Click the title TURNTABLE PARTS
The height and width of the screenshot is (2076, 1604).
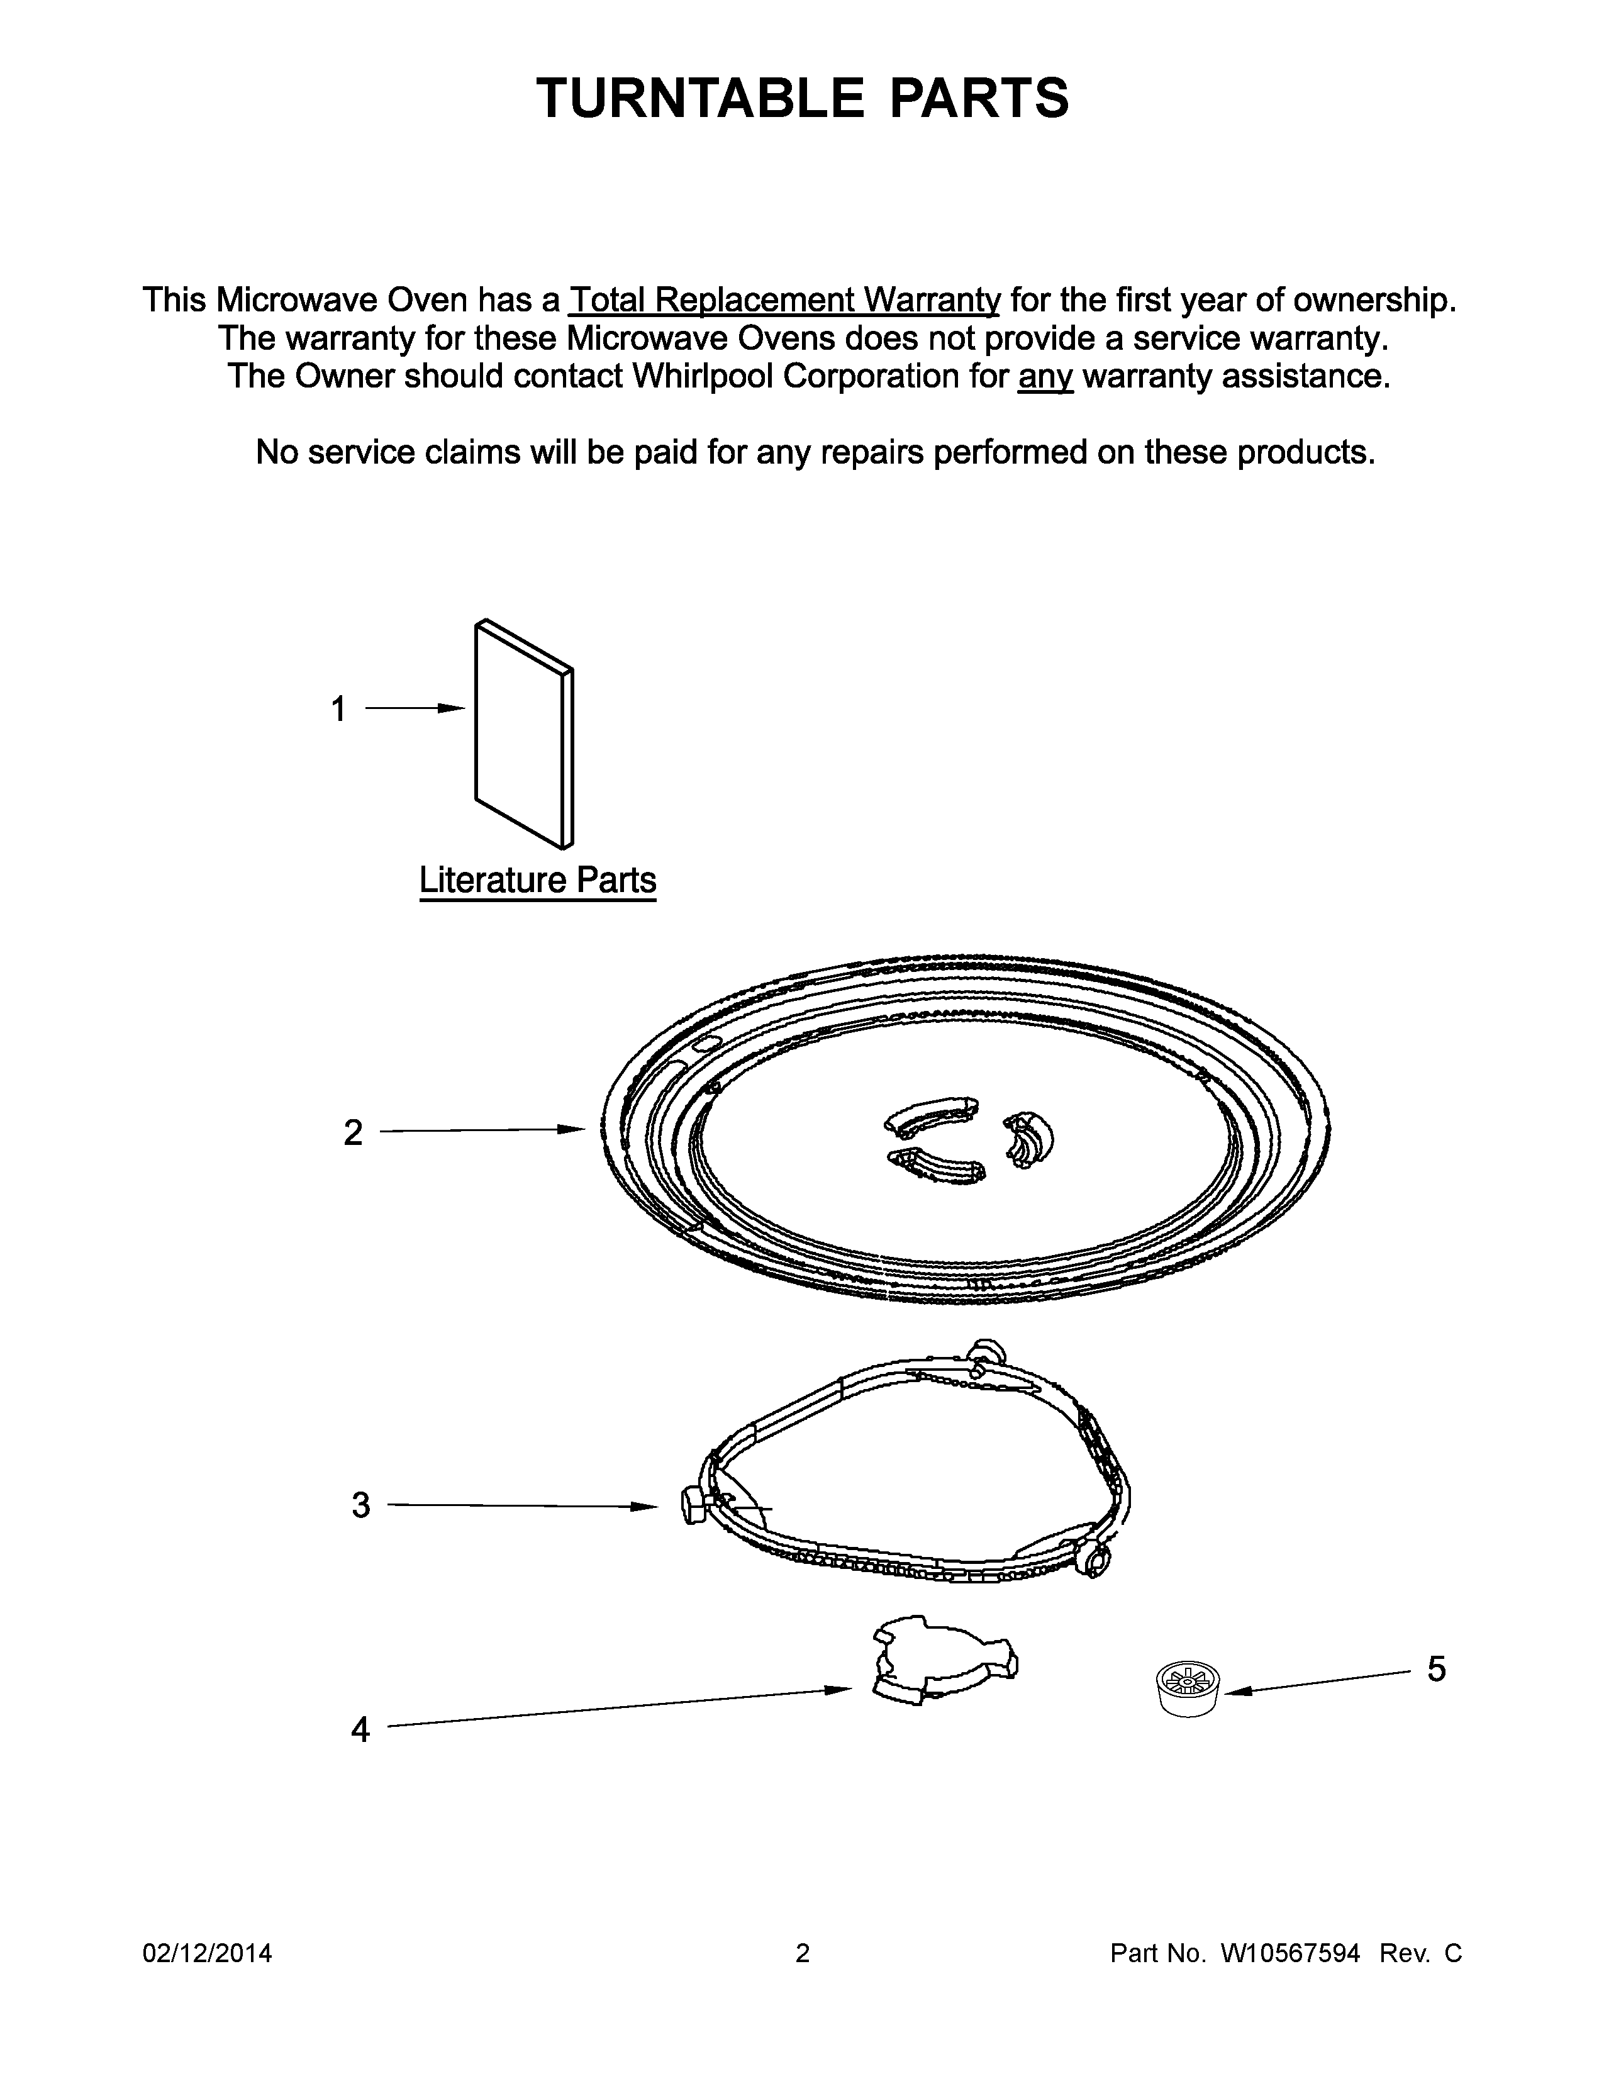pos(802,98)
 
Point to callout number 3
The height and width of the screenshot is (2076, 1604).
pos(361,1505)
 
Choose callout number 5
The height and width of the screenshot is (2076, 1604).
pos(1436,1669)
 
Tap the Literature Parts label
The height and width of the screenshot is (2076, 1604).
pos(538,880)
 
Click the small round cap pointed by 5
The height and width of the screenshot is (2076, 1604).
pos(1188,1687)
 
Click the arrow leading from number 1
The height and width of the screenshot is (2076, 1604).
pos(415,709)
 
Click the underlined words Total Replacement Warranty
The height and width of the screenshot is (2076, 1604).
pos(784,300)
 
